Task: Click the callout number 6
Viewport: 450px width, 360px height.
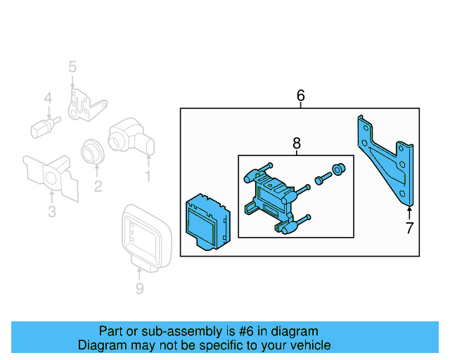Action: (x=301, y=95)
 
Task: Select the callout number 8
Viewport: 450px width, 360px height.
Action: (x=296, y=144)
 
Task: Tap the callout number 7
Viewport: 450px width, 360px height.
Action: (x=409, y=227)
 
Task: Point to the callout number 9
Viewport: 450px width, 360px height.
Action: (x=139, y=288)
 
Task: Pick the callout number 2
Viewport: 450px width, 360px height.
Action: (x=98, y=186)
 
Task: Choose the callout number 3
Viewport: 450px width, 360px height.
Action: (x=51, y=212)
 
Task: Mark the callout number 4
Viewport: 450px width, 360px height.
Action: (x=48, y=99)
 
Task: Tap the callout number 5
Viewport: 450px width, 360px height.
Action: (x=72, y=67)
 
